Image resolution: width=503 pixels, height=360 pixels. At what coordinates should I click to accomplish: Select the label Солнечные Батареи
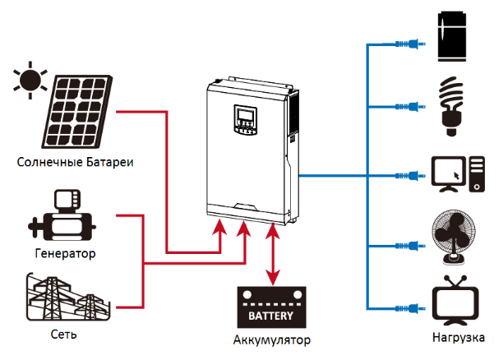point(75,162)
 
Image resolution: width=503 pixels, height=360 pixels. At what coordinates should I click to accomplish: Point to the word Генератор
point(66,253)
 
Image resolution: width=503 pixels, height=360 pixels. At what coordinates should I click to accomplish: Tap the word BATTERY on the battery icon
point(271,314)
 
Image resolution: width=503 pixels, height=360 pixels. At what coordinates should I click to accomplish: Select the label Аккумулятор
point(272,339)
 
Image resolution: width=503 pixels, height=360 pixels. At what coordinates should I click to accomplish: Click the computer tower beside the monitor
point(478,174)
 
